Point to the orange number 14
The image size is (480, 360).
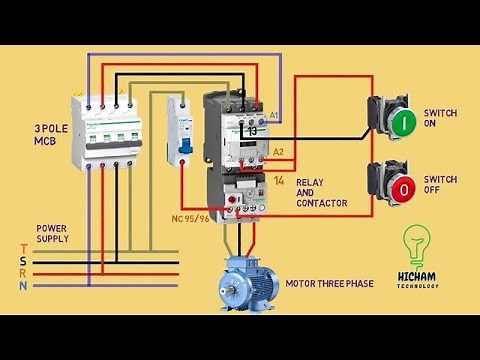(279, 180)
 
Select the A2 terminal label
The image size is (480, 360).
(279, 152)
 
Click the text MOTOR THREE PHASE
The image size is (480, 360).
(329, 284)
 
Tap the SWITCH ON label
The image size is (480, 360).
(440, 119)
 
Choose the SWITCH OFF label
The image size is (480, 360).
(440, 185)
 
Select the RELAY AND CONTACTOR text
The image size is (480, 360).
(321, 192)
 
